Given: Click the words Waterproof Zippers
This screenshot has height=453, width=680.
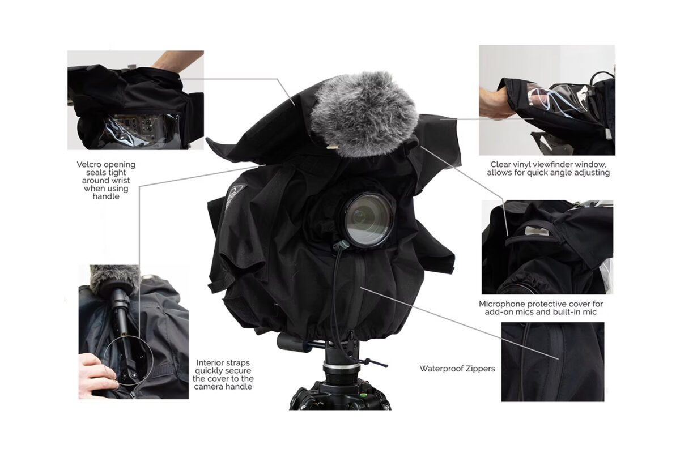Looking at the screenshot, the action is pyautogui.click(x=457, y=369).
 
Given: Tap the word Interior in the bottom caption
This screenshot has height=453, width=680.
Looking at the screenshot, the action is pyautogui.click(x=210, y=362).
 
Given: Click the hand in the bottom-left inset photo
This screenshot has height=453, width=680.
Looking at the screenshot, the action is pyautogui.click(x=96, y=375).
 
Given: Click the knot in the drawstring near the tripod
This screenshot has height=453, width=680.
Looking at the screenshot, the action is pyautogui.click(x=366, y=362).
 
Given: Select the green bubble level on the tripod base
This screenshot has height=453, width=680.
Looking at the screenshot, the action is pyautogui.click(x=362, y=395).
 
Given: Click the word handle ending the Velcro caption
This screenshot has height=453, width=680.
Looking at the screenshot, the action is pyautogui.click(x=106, y=196).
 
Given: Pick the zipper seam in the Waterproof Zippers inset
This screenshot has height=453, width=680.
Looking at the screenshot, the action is pyautogui.click(x=559, y=361).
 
